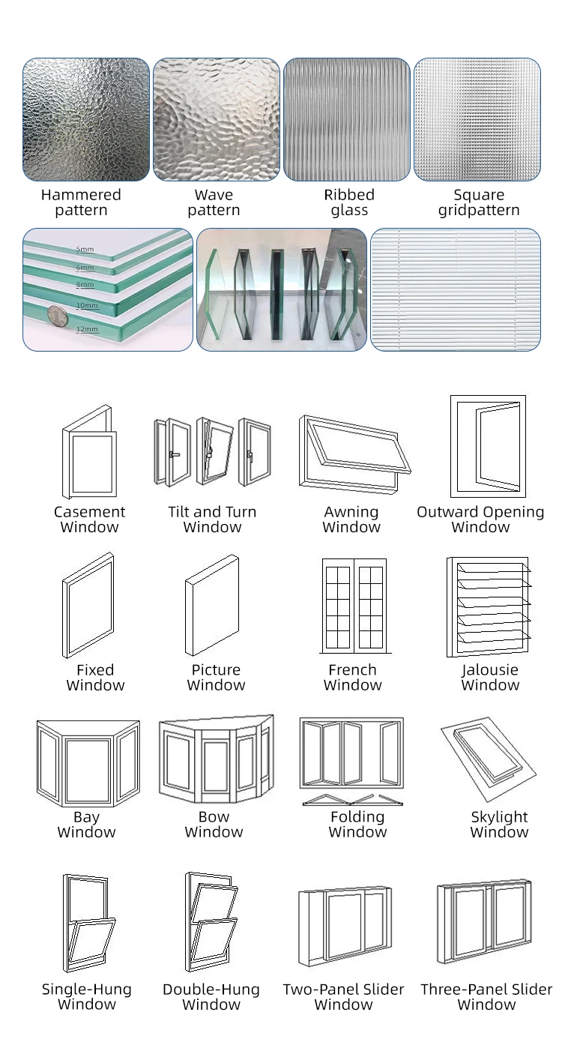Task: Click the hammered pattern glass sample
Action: (86, 120)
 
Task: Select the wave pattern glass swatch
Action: (217, 120)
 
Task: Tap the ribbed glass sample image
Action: (347, 120)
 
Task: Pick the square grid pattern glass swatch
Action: (477, 120)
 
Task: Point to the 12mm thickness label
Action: (87, 329)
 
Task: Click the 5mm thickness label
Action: (85, 249)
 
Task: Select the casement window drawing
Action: (89, 452)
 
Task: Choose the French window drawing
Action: (354, 604)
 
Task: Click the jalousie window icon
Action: (489, 604)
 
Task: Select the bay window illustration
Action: (88, 762)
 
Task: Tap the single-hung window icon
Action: (88, 923)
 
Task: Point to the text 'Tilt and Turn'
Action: (212, 512)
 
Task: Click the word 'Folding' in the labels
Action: (357, 816)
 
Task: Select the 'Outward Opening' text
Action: (480, 512)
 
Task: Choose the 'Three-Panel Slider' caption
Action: (486, 990)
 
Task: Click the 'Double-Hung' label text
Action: (211, 990)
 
